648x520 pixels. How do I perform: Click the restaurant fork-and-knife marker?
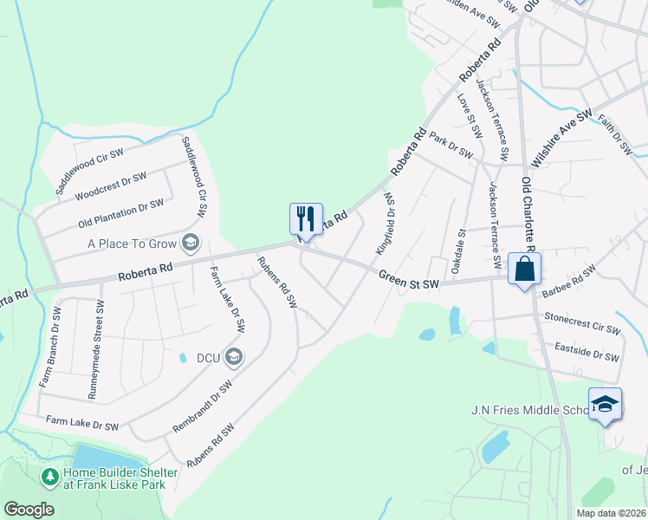tap(306, 218)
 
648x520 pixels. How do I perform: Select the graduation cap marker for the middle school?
tap(605, 403)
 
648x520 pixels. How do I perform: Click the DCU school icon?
tap(233, 355)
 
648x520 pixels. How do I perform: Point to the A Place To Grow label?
tap(132, 244)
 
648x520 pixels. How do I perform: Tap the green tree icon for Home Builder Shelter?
tap(49, 477)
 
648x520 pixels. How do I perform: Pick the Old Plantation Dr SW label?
tap(120, 211)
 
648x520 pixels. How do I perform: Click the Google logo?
tap(29, 510)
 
